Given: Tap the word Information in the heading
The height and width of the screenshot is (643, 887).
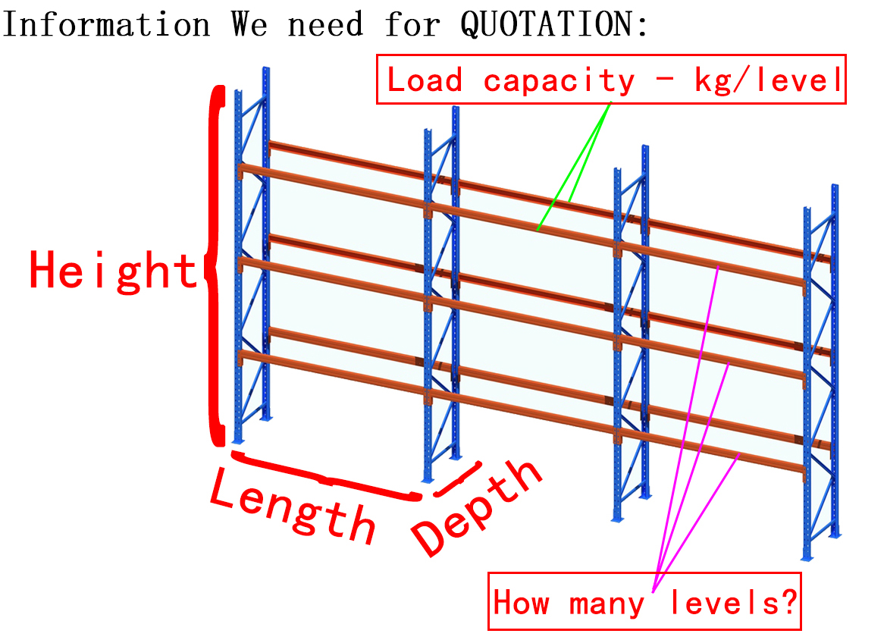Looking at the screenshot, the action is (x=106, y=25).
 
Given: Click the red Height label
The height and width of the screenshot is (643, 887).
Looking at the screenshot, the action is (x=113, y=271).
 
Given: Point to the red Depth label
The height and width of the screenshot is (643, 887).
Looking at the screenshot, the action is (x=477, y=507).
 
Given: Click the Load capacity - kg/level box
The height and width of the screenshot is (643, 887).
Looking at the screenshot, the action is (x=612, y=80).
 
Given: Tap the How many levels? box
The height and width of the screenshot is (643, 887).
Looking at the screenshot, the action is (x=645, y=601).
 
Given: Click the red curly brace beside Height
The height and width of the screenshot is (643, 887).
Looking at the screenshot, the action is (x=215, y=266).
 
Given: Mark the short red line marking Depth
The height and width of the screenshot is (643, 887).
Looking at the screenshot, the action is (x=458, y=479).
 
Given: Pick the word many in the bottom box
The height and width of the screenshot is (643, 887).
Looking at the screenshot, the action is (x=606, y=604).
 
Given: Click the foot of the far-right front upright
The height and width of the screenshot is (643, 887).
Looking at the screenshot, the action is (x=807, y=557).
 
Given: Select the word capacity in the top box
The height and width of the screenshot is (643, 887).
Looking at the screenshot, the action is (x=559, y=81).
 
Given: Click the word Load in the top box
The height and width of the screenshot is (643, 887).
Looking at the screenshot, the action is (x=425, y=80).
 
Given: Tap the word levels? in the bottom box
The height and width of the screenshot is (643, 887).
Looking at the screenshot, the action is (x=733, y=602).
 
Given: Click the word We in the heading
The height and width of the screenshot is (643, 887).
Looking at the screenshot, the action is (x=249, y=25).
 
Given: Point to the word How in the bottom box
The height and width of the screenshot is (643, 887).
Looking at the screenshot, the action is (x=521, y=602).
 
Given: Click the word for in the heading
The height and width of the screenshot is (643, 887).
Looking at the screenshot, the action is (x=412, y=25).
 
